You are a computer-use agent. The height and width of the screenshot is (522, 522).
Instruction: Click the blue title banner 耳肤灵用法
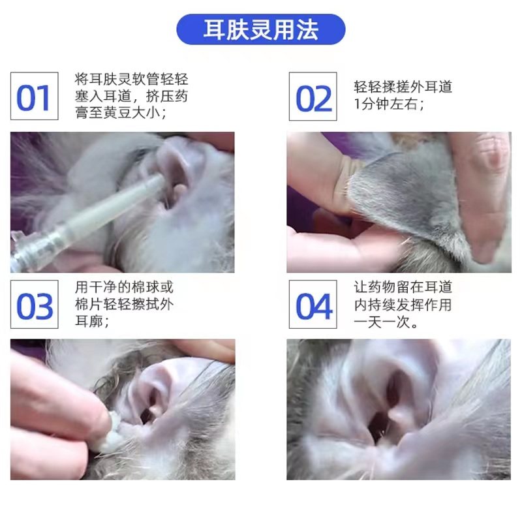[261, 29]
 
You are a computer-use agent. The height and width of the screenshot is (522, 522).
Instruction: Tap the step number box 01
[34, 97]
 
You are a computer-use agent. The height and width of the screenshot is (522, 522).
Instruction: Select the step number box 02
[313, 97]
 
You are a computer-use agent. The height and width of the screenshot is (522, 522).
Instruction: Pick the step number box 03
[34, 305]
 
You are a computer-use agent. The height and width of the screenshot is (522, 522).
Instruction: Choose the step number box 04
[313, 305]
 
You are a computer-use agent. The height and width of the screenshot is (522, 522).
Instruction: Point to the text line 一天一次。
[387, 322]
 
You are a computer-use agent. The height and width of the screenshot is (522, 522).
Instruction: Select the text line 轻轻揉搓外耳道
[403, 87]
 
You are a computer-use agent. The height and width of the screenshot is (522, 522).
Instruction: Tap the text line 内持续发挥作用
[403, 305]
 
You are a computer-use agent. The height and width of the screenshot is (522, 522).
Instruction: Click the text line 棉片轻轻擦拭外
[125, 305]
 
